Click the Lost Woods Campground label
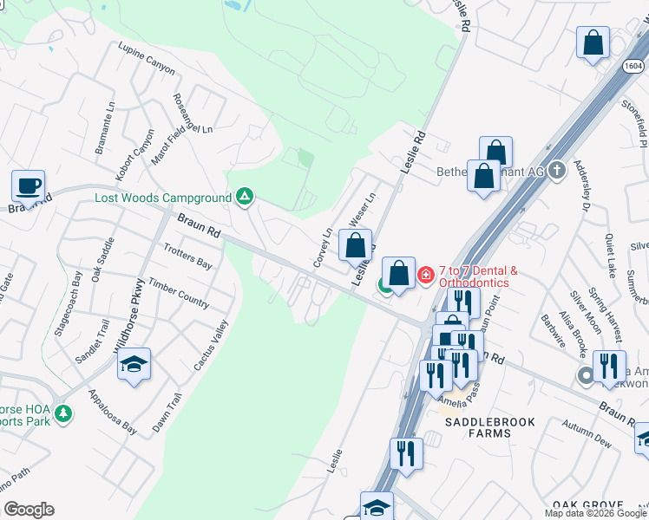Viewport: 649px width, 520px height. coord(163,198)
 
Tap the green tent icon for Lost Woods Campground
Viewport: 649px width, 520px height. coord(245,198)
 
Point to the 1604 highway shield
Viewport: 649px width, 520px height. coord(634,66)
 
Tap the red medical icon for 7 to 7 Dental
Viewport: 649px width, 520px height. coord(425,276)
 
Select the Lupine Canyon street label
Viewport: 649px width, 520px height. coord(147,58)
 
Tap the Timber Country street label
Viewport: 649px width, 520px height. coord(179,293)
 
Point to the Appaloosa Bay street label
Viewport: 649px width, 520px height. coord(112,411)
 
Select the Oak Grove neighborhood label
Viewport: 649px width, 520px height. coord(588,504)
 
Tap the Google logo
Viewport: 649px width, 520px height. coord(29,510)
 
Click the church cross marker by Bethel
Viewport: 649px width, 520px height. coord(558,171)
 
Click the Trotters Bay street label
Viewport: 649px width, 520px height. coord(187,255)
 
